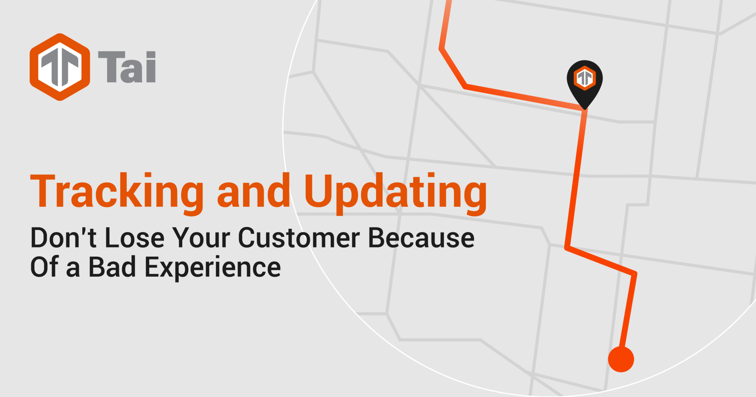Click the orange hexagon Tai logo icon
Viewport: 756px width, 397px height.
[60, 67]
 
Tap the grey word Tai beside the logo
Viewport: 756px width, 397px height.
[127, 67]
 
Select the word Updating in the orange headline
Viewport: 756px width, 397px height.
[395, 193]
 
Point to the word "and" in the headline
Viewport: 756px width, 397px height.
[254, 191]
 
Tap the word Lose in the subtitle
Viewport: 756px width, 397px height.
[135, 238]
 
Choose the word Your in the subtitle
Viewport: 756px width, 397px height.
[202, 238]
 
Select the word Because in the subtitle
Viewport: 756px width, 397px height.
[421, 238]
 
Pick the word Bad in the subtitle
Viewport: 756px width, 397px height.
[112, 267]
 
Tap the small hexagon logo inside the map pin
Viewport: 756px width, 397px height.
[585, 78]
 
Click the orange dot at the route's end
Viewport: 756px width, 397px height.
[621, 359]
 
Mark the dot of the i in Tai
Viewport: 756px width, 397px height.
[151, 55]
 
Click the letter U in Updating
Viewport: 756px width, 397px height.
[320, 190]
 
